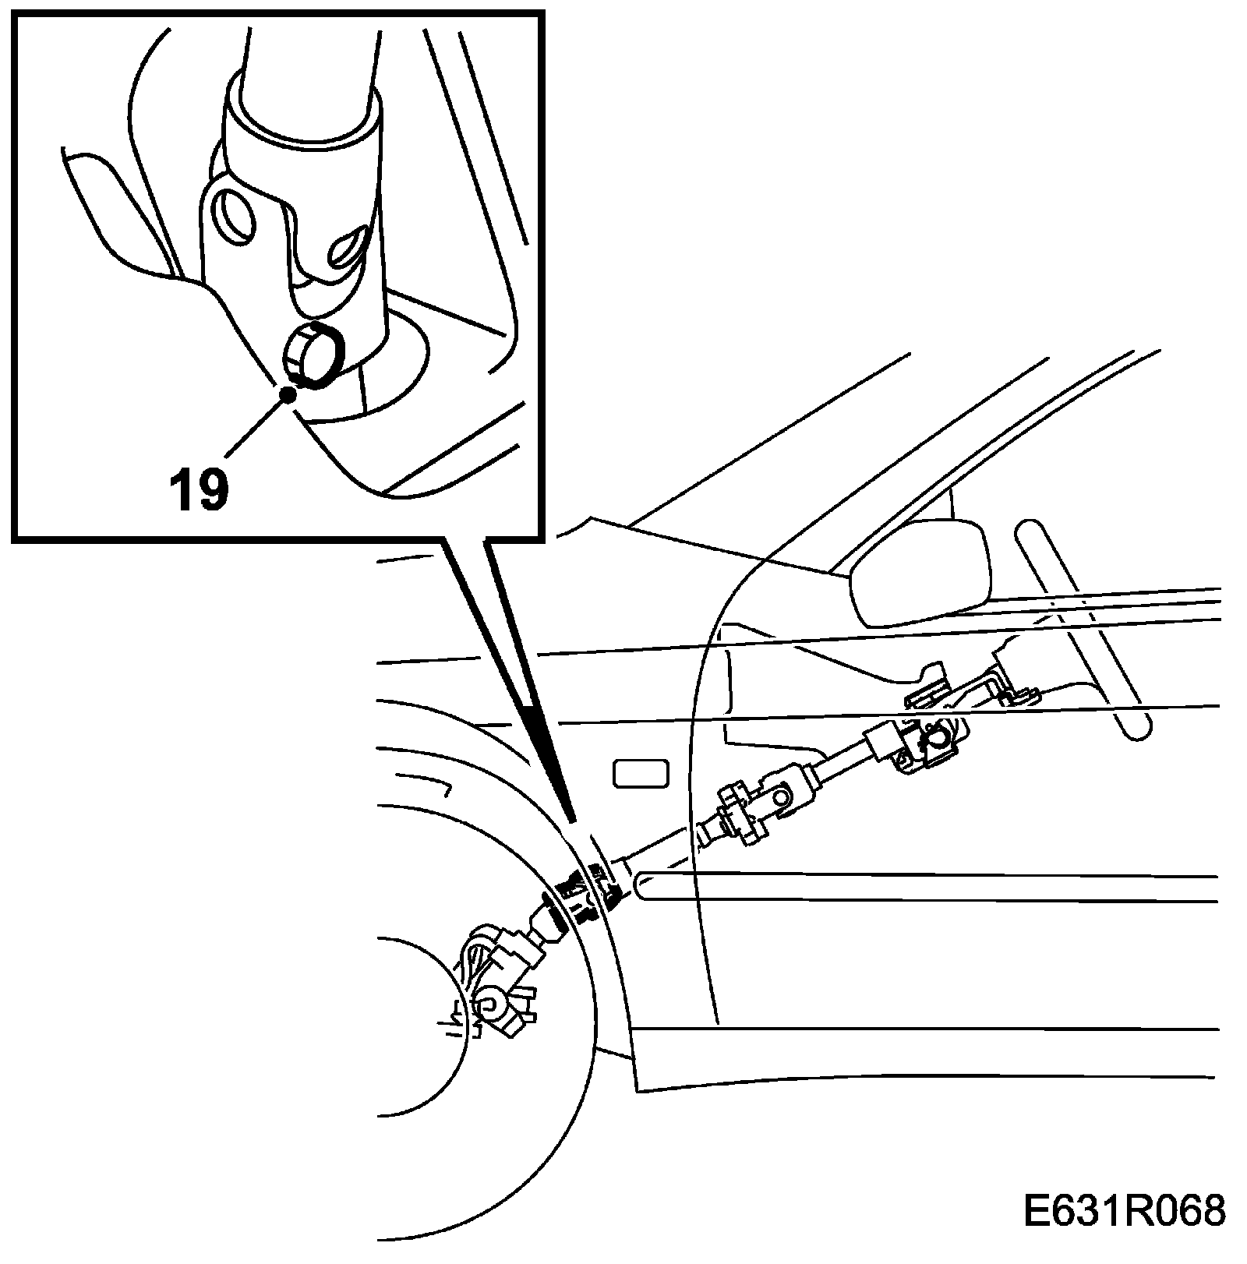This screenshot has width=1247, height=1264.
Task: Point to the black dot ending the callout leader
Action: [x=289, y=394]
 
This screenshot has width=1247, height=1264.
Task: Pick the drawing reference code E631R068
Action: [x=1124, y=1213]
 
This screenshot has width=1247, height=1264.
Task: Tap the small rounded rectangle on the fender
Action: [x=641, y=774]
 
